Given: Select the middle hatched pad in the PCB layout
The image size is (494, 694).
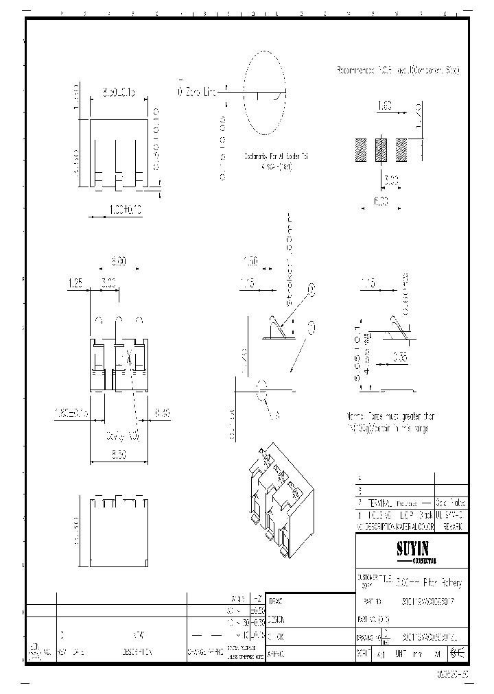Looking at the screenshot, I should (381, 149).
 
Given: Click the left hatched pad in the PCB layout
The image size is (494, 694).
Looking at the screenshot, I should (361, 149).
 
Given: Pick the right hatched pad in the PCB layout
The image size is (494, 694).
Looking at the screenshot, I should (401, 149).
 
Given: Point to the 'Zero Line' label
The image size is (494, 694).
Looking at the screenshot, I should (199, 91).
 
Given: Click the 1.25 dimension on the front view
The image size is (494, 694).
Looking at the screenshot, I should (75, 281).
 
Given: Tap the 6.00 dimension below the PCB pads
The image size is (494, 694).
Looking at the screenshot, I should (381, 201).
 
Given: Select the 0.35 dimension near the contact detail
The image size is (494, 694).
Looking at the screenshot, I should (401, 357).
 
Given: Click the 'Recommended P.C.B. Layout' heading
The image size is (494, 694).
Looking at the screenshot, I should (397, 70).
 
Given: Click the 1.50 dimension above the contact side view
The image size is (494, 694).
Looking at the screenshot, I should (250, 261).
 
